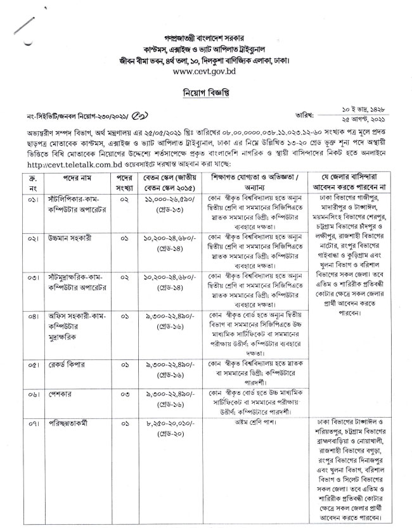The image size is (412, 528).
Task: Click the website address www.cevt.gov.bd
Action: (205, 72)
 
